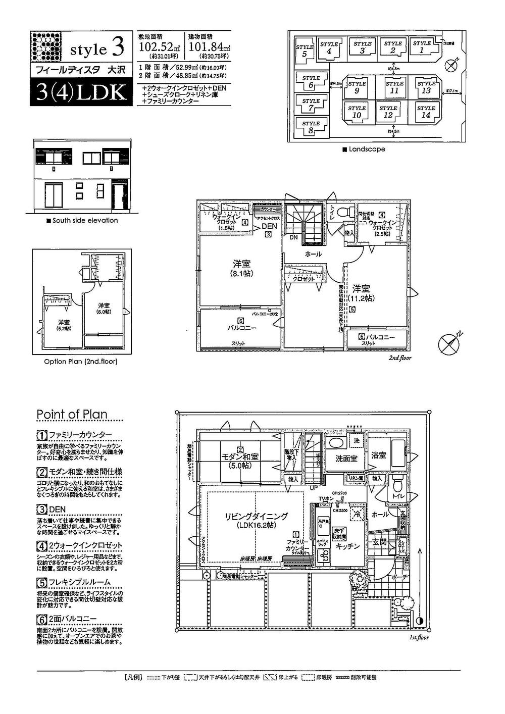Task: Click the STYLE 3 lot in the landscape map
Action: click(362, 47)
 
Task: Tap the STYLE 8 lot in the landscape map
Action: click(311, 127)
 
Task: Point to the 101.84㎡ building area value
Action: click(208, 46)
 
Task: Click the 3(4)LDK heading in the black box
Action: click(81, 92)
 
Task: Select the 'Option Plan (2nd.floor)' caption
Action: click(80, 362)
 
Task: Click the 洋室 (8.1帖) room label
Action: click(242, 268)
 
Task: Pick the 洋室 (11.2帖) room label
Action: click(362, 293)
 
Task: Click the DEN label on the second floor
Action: click(269, 228)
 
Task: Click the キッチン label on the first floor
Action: click(347, 546)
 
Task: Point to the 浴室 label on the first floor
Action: click(378, 455)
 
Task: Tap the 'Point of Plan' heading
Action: click(72, 415)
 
